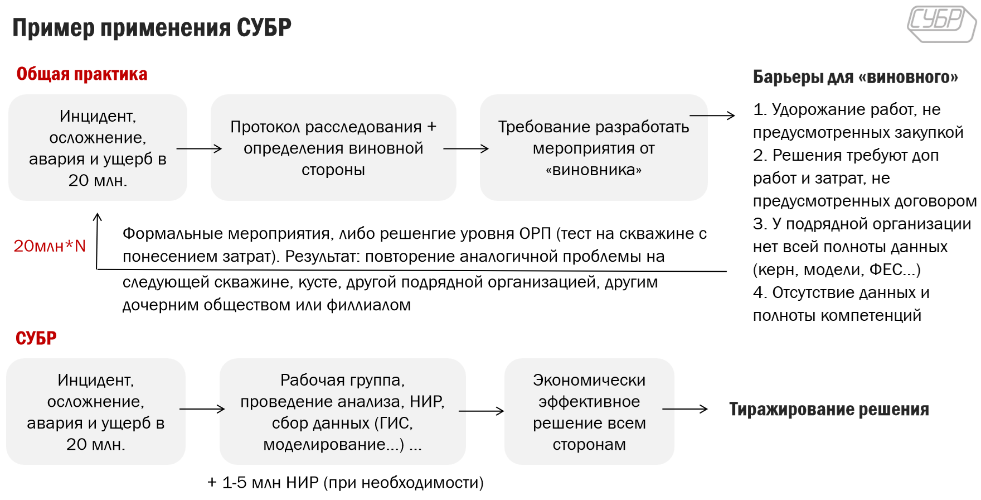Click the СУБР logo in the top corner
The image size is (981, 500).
point(941,23)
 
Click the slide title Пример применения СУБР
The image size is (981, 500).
point(152,27)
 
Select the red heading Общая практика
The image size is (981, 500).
point(82,74)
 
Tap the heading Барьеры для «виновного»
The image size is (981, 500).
point(855,77)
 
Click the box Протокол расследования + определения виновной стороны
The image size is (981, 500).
point(333,148)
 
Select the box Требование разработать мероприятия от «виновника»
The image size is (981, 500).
point(593,148)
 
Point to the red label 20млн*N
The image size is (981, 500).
point(50,246)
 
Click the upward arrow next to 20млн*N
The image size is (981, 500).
point(98,240)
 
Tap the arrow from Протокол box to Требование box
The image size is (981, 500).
point(466,149)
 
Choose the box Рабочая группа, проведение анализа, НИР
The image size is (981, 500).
point(342,412)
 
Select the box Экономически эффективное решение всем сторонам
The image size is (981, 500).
point(589,412)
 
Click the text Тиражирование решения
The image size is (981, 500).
point(829,410)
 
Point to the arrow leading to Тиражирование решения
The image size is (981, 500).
point(685,409)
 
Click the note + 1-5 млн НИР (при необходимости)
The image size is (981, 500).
point(346,483)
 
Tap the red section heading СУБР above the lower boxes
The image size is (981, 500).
point(36,338)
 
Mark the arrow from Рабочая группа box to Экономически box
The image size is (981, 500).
point(481,411)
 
